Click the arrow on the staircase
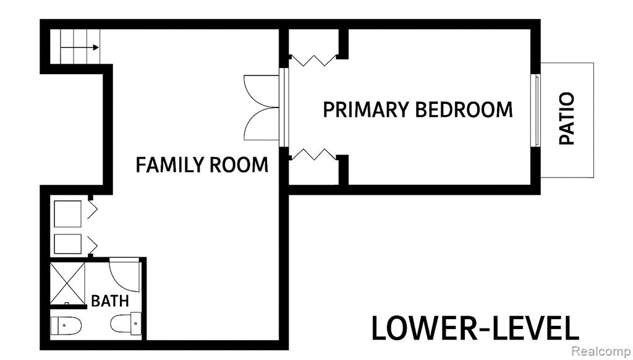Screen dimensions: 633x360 [80, 48]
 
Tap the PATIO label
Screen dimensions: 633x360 [566, 118]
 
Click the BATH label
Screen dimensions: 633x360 [110, 301]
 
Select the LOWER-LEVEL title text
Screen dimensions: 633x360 [475, 328]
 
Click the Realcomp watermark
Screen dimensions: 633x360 [601, 351]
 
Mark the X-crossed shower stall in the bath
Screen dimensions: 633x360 [67, 284]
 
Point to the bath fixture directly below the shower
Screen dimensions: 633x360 [66, 326]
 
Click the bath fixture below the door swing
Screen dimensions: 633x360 [126, 324]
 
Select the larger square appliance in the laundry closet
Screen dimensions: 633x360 [67, 214]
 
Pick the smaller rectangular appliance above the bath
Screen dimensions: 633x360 [67, 244]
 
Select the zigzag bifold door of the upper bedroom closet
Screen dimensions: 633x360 [314, 61]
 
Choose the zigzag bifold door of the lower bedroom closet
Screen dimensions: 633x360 [314, 155]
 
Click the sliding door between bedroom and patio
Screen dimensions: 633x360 [537, 110]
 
